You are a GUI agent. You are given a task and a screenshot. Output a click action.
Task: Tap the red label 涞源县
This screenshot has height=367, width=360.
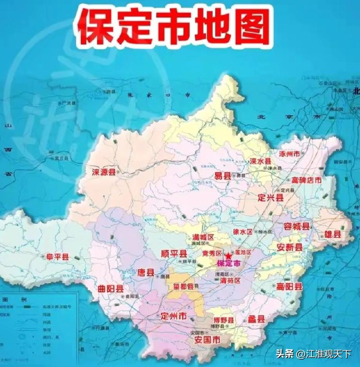(x=104, y=172)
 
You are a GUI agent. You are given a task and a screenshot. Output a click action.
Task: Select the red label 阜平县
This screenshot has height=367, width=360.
(x=58, y=257)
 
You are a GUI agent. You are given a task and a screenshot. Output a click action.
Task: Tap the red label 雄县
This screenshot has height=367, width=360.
(x=333, y=235)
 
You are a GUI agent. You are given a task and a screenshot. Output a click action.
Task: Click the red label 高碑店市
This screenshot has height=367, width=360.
(x=307, y=180)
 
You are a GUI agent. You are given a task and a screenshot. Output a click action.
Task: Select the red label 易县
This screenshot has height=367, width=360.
(x=223, y=176)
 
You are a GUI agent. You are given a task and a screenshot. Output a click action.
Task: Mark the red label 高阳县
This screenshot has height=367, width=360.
(x=289, y=287)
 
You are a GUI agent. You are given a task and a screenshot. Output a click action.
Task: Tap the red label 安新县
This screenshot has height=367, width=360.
(x=290, y=247)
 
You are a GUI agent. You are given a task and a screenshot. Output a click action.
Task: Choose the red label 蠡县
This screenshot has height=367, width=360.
(x=256, y=319)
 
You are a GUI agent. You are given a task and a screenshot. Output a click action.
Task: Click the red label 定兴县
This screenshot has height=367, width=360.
(x=270, y=198)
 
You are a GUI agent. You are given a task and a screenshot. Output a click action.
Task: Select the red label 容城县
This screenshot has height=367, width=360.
(x=297, y=226)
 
